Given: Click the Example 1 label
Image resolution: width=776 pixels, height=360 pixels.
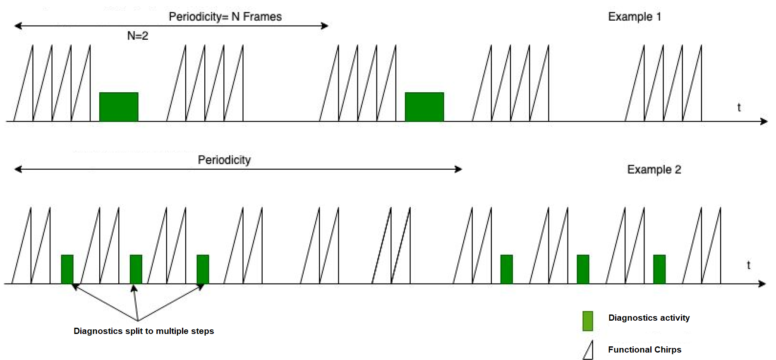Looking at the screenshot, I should [x=634, y=17].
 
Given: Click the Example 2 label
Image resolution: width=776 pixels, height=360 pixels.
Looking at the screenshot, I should [x=654, y=169].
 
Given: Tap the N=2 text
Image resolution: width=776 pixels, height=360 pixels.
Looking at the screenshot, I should [x=137, y=36].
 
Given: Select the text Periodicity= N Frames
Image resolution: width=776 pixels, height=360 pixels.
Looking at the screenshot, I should [x=225, y=17].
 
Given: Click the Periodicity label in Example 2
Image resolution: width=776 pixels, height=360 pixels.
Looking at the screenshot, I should [x=224, y=160].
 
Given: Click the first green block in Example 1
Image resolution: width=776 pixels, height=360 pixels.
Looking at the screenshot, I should [x=119, y=107].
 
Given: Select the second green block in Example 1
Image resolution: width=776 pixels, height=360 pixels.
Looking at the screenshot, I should [x=424, y=107].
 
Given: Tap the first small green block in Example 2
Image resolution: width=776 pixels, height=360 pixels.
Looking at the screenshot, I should [x=67, y=269].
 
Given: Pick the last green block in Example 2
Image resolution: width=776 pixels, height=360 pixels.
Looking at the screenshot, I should [x=659, y=269].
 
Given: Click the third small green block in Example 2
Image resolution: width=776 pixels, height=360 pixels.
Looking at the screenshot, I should [x=203, y=269].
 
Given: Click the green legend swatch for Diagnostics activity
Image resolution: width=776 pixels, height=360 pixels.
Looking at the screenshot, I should [x=587, y=321].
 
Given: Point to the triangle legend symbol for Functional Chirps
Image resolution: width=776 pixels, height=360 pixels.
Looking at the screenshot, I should [x=589, y=350].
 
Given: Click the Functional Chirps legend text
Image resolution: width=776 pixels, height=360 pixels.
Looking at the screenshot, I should [x=644, y=350].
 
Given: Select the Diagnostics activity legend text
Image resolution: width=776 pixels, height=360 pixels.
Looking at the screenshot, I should [x=649, y=318].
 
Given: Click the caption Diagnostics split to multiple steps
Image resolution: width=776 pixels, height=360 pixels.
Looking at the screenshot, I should [x=144, y=331].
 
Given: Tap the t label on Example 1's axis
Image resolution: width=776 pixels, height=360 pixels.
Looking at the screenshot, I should [x=739, y=108].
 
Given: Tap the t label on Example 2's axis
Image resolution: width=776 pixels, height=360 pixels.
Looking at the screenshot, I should [x=748, y=265].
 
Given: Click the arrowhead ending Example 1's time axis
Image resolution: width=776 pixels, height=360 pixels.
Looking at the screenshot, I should [x=764, y=121].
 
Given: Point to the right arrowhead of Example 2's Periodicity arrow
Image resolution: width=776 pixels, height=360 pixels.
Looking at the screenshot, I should [x=458, y=169].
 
